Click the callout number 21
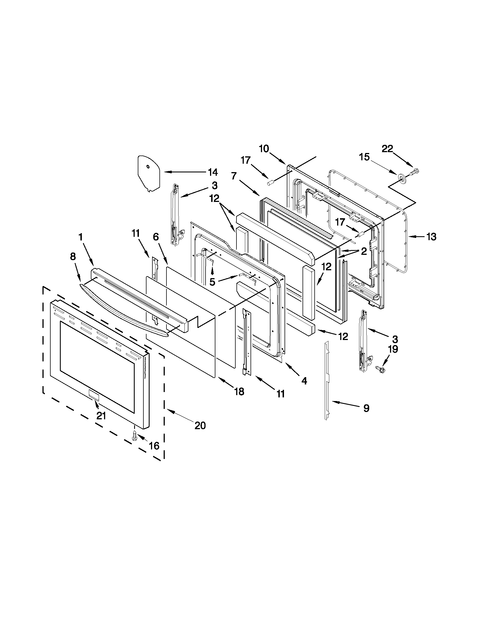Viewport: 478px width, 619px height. tap(101, 416)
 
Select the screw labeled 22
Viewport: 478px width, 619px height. tap(415, 171)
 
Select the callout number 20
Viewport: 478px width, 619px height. tap(200, 426)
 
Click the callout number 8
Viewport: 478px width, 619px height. tap(73, 256)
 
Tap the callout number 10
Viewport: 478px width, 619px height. tap(264, 148)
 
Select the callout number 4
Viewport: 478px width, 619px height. tap(304, 381)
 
